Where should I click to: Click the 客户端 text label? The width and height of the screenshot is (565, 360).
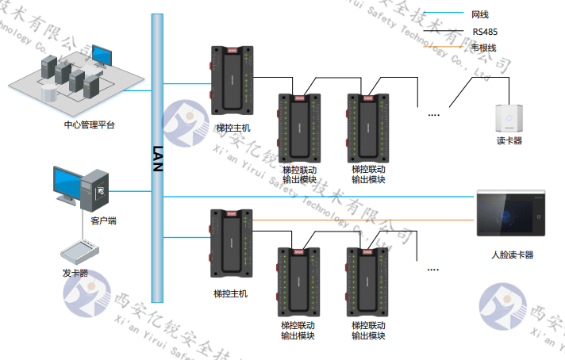tap(104, 220)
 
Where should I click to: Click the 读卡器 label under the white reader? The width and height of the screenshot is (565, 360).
tap(509, 140)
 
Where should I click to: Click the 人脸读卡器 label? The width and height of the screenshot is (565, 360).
tap(512, 255)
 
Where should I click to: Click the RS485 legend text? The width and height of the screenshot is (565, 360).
tap(485, 32)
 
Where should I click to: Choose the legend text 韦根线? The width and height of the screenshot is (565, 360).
tap(483, 48)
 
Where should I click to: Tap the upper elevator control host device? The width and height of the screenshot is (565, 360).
tap(229, 82)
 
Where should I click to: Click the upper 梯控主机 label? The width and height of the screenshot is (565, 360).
tap(233, 128)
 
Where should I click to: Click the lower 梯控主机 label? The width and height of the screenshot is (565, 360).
tap(231, 293)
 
